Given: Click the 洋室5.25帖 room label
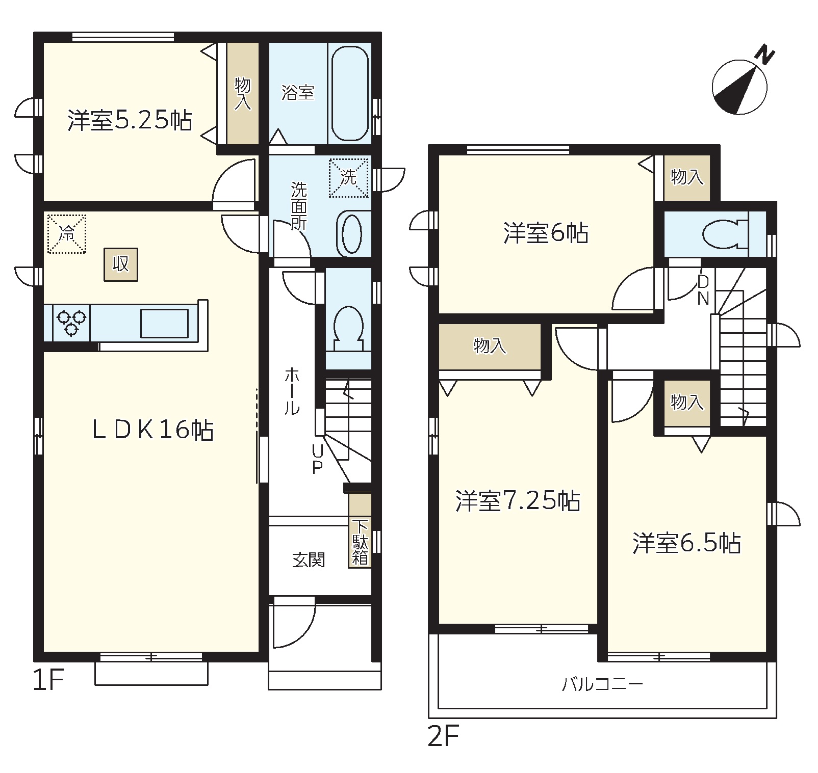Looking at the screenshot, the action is pyautogui.click(x=130, y=121).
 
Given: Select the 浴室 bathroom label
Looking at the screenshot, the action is pyautogui.click(x=298, y=93).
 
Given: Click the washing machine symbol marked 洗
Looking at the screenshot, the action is pyautogui.click(x=349, y=177).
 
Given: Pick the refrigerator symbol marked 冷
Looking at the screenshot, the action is pyautogui.click(x=66, y=234).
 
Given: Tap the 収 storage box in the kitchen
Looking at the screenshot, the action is pyautogui.click(x=121, y=264).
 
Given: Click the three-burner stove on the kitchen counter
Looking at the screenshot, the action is pyautogui.click(x=71, y=323).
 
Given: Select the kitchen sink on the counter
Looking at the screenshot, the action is pyautogui.click(x=164, y=323).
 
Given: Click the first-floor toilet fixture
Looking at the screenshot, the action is pyautogui.click(x=348, y=329).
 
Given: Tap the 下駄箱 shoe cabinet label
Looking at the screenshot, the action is pyautogui.click(x=360, y=542).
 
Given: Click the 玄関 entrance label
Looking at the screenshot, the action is pyautogui.click(x=309, y=560).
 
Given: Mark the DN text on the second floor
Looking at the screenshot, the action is pyautogui.click(x=703, y=290).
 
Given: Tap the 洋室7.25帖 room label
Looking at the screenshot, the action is pyautogui.click(x=518, y=501).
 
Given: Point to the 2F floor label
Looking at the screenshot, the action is pyautogui.click(x=443, y=737).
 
